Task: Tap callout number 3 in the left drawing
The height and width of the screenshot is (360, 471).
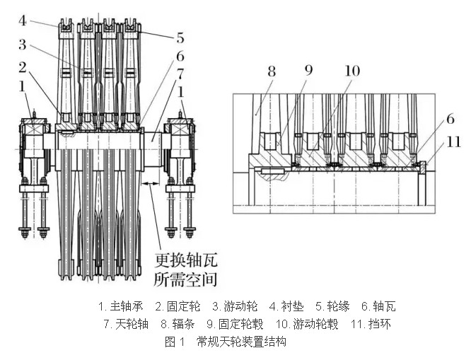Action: click(x=23, y=45)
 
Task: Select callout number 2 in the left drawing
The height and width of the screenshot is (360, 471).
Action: click(x=23, y=67)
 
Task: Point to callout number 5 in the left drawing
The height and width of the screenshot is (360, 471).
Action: click(x=181, y=36)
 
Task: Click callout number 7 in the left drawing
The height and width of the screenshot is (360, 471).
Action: click(x=181, y=73)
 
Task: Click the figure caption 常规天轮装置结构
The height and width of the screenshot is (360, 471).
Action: click(x=240, y=342)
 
